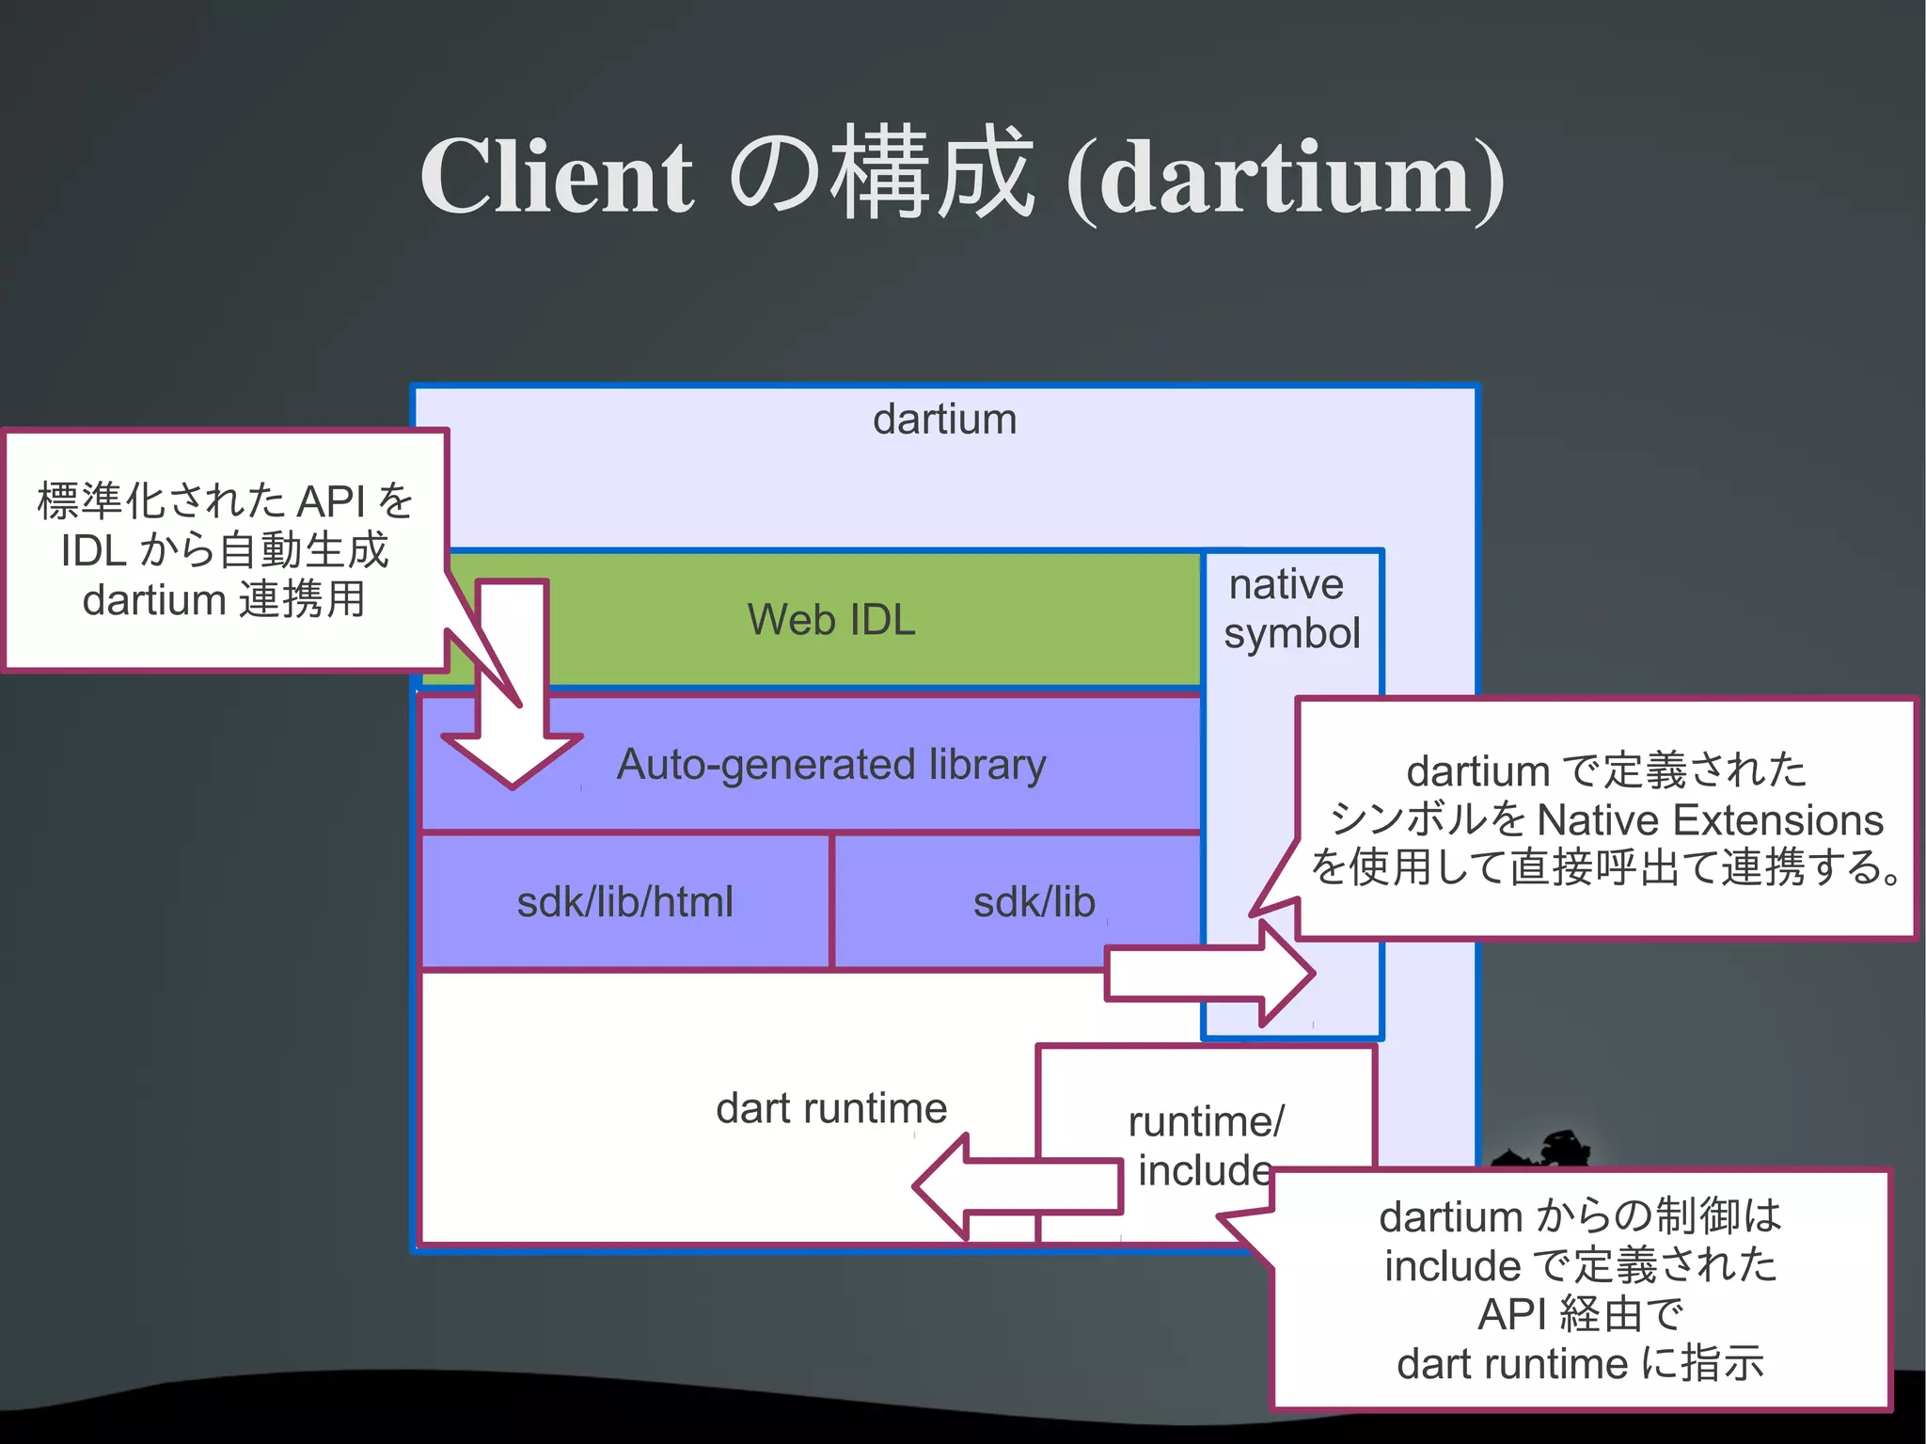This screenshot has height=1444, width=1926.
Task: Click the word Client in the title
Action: (x=557, y=177)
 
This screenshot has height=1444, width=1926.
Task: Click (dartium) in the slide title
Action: (x=1285, y=179)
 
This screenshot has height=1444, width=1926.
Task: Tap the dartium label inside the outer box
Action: (x=944, y=420)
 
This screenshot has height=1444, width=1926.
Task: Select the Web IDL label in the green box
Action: (x=831, y=620)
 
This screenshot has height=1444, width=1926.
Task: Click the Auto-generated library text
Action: (x=831, y=764)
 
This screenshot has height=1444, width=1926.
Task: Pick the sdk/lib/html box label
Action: (x=624, y=901)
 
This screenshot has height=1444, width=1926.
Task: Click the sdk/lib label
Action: (x=1034, y=901)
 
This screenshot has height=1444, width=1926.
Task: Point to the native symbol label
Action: (x=1290, y=609)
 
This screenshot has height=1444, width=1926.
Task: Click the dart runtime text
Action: (x=831, y=1108)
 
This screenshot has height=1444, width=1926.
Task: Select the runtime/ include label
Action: (x=1205, y=1146)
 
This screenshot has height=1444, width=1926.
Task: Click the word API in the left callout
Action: (x=331, y=501)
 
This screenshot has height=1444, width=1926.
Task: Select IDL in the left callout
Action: (x=93, y=551)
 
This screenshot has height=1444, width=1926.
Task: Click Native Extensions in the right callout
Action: (x=1709, y=820)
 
